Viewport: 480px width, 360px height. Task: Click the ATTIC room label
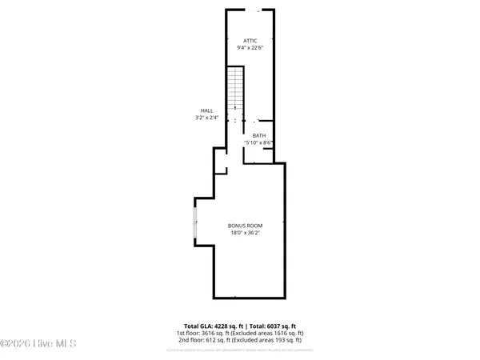click(251, 39)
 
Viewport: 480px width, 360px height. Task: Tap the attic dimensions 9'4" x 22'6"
click(251, 47)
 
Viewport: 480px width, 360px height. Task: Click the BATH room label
click(259, 136)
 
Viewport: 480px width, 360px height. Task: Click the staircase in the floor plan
click(234, 90)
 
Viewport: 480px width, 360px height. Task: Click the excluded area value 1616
click(279, 333)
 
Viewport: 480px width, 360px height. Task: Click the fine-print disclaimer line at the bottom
click(239, 350)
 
